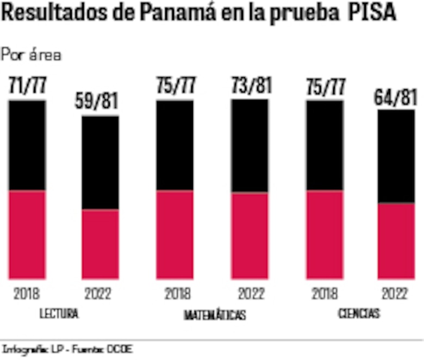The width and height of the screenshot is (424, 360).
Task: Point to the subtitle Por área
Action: click(x=31, y=54)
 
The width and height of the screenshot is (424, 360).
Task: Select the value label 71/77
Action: click(x=27, y=86)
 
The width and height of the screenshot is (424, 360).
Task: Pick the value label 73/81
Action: click(x=250, y=86)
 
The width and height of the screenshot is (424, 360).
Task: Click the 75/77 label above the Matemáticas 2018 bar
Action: click(x=174, y=86)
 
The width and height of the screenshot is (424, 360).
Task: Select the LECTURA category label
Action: click(x=59, y=314)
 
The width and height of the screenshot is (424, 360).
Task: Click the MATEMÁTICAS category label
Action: click(x=215, y=315)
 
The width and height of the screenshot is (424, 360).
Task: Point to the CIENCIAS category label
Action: click(x=359, y=314)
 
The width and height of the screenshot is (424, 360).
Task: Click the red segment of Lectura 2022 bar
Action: click(x=100, y=244)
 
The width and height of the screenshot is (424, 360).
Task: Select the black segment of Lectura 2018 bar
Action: click(x=27, y=145)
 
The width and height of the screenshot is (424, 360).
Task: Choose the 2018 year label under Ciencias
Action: click(x=325, y=294)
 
